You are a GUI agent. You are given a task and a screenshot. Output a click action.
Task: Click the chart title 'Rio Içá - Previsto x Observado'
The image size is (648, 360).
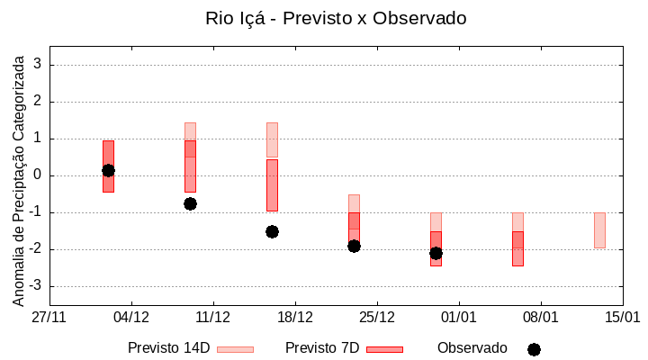336,18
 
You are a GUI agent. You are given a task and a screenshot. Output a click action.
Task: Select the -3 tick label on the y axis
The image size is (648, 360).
36,286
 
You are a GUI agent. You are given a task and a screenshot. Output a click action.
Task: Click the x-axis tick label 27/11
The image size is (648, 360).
49,318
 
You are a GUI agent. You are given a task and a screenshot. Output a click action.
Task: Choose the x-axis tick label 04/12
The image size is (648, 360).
131,318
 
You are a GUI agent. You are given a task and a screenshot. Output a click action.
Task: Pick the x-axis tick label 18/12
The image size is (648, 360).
295,318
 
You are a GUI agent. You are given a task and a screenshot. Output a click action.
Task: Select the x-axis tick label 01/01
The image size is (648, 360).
459,318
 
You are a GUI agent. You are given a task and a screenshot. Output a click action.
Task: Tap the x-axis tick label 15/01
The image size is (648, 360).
622,318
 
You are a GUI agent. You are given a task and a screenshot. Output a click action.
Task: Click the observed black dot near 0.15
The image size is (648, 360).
108,170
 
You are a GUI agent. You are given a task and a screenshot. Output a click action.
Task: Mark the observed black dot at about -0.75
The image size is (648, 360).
190,203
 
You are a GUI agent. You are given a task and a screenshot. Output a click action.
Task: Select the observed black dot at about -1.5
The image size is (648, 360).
272,231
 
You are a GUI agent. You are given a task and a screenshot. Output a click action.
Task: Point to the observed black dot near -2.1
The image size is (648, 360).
436,253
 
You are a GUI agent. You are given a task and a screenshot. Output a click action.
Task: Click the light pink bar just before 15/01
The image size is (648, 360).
599,230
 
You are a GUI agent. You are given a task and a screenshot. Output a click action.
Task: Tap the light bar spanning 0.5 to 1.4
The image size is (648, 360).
272,139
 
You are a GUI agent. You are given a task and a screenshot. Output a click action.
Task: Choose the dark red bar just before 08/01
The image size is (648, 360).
517,248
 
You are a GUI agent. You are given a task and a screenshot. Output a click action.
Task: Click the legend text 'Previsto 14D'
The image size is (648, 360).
168,348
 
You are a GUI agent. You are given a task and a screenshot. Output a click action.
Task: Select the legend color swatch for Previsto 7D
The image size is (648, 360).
384,349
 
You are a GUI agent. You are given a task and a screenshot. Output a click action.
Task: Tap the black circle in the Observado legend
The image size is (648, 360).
534,349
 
